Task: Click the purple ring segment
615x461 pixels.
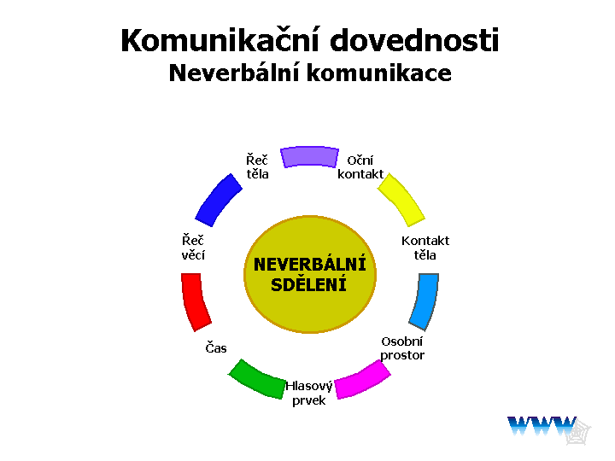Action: [309, 157]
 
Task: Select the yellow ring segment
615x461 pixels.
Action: [401, 200]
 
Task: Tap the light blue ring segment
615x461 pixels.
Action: [425, 301]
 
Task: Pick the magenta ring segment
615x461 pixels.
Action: [362, 380]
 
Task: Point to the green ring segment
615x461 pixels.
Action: [257, 379]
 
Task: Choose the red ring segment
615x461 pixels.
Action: [195, 302]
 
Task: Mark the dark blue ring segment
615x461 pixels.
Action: [219, 201]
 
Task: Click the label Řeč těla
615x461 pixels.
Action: [257, 166]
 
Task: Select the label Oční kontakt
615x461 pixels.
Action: [360, 167]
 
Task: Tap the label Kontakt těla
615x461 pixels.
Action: [425, 248]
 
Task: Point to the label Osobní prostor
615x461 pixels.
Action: [402, 348]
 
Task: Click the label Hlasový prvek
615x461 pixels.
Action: [309, 394]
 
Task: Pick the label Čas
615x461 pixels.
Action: [216, 347]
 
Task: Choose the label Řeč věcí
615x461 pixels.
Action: [193, 248]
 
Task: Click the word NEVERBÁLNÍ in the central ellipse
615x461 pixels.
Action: [310, 264]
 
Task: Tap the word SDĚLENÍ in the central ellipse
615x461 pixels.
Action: [308, 284]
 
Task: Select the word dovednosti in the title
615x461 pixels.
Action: [414, 40]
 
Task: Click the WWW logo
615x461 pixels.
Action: [548, 429]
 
